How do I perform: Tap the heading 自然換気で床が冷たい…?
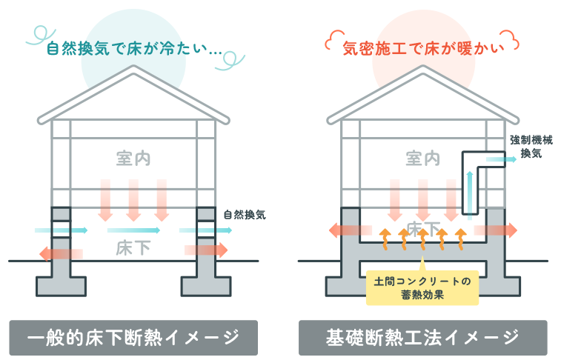(134, 50)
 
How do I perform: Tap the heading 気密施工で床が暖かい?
(423, 50)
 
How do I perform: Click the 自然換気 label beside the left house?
(245, 216)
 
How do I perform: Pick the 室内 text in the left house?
(133, 159)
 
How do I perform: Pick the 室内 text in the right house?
(423, 159)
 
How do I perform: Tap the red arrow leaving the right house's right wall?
(500, 230)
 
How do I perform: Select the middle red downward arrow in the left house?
(133, 200)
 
